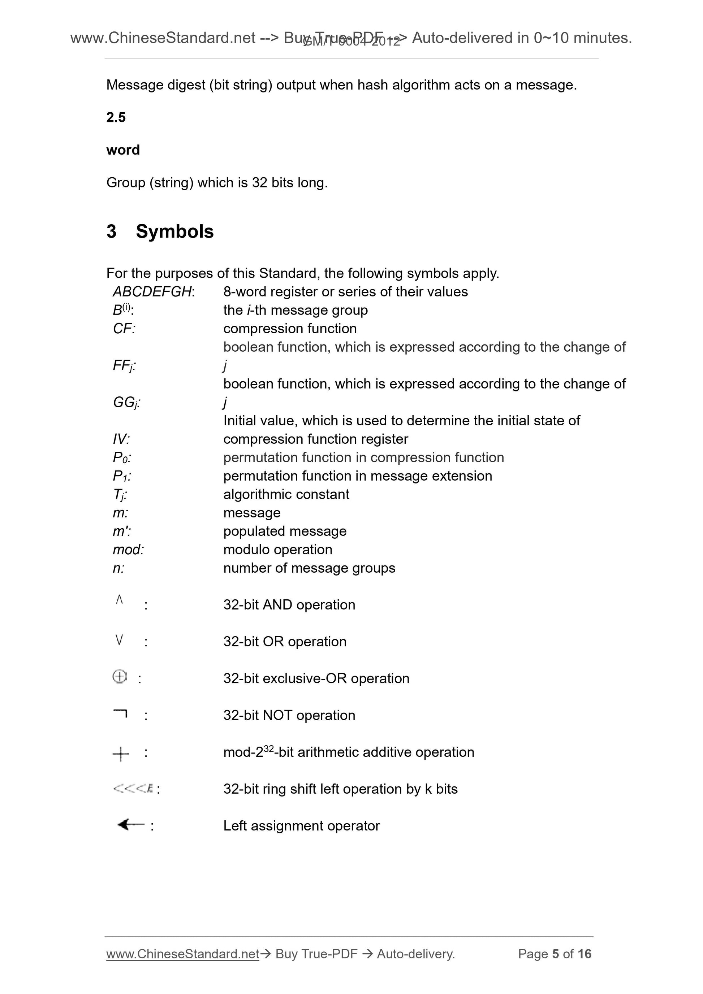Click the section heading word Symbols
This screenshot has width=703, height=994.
coord(174,231)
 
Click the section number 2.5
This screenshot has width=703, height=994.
coord(116,117)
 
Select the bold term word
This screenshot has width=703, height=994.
coord(123,150)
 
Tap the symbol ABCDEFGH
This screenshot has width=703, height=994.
coord(152,292)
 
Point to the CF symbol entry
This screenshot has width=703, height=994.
coord(123,329)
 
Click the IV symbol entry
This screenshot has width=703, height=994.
coord(121,439)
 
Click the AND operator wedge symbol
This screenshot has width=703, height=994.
coord(120,600)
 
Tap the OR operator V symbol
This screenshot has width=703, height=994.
coord(120,639)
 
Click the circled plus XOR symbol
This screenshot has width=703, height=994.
coord(120,676)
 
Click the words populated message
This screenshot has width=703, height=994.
coord(285,531)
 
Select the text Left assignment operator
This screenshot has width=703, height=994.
coord(302,826)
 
